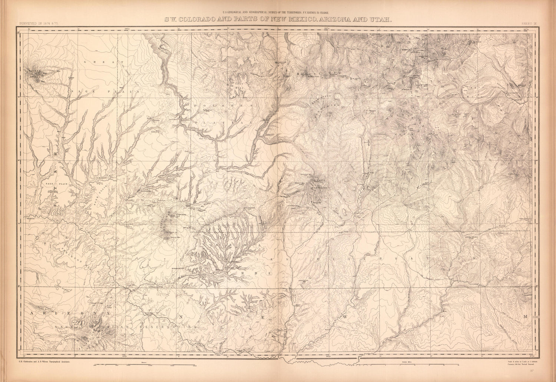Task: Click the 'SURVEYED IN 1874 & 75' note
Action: pos(36,24)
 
